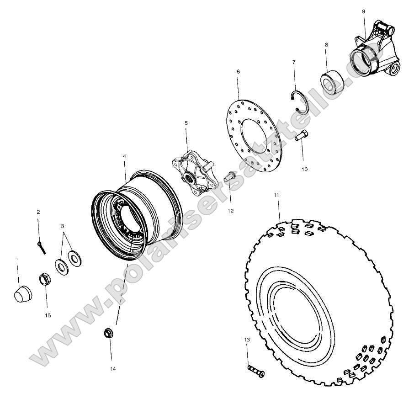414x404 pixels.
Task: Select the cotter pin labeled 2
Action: (42, 247)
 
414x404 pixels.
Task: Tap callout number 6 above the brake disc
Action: (238, 72)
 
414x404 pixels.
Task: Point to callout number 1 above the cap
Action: (18, 260)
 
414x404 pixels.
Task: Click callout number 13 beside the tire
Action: (247, 340)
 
